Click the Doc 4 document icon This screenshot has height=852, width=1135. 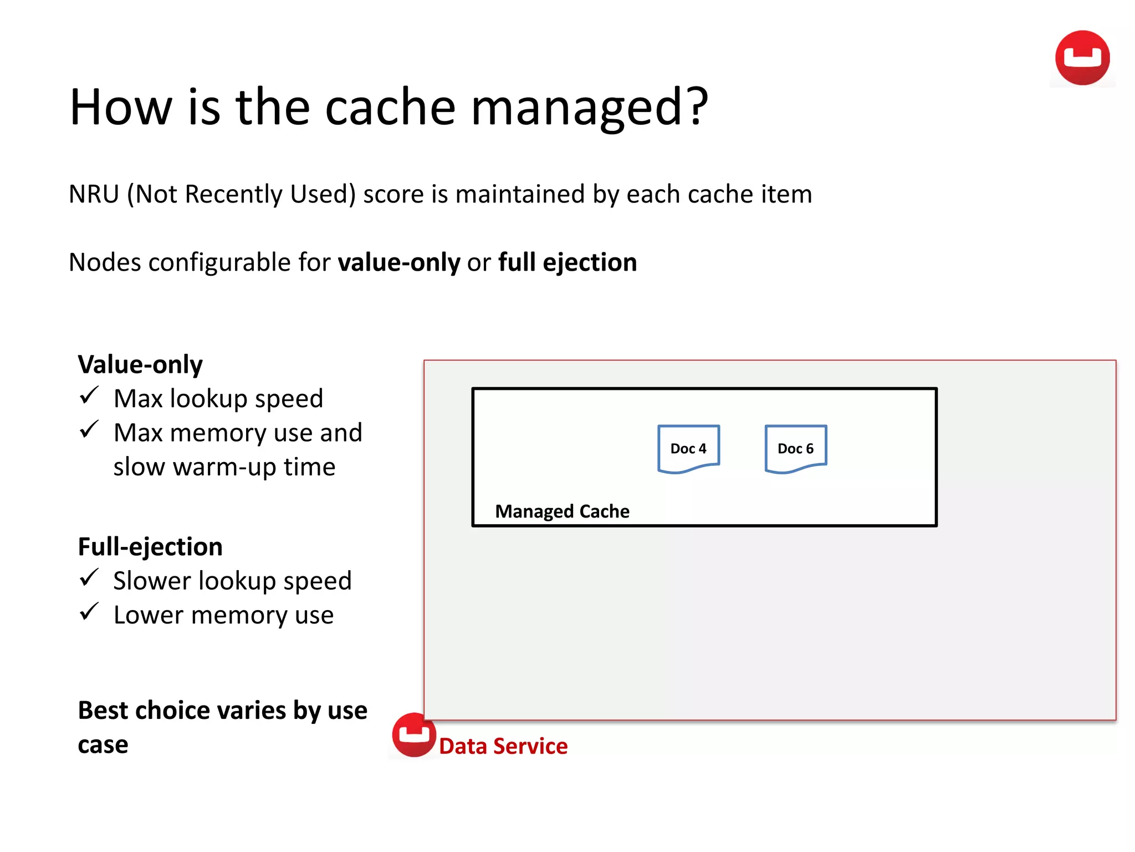click(x=688, y=449)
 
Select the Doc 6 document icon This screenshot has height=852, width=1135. click(x=795, y=449)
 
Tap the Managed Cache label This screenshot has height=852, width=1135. click(x=562, y=511)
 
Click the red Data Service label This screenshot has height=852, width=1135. click(x=503, y=746)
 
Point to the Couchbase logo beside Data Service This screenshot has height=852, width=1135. click(x=413, y=735)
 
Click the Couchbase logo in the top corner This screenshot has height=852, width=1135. click(x=1082, y=58)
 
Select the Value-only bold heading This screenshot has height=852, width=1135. click(x=140, y=364)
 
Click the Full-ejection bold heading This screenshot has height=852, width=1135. click(x=150, y=547)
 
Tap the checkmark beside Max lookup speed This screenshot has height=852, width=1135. click(x=89, y=396)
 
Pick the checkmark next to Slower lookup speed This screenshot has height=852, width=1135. click(x=89, y=578)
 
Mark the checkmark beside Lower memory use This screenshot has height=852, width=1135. click(x=89, y=612)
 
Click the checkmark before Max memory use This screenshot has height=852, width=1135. click(x=89, y=430)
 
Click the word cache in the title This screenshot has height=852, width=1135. click(x=390, y=107)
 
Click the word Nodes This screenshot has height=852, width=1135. click(x=104, y=262)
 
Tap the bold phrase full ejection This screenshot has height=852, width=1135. click(x=567, y=262)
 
